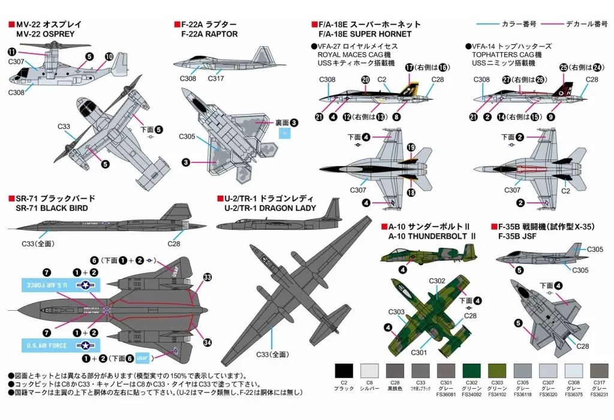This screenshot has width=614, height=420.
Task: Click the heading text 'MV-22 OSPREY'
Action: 46,34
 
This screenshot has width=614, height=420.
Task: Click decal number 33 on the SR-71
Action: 207,277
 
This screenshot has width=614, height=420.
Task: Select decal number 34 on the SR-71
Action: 207,343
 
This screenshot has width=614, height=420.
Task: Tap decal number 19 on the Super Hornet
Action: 411,147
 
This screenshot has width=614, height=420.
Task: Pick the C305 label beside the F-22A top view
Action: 186,136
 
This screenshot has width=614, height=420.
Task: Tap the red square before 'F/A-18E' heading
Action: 314,25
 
